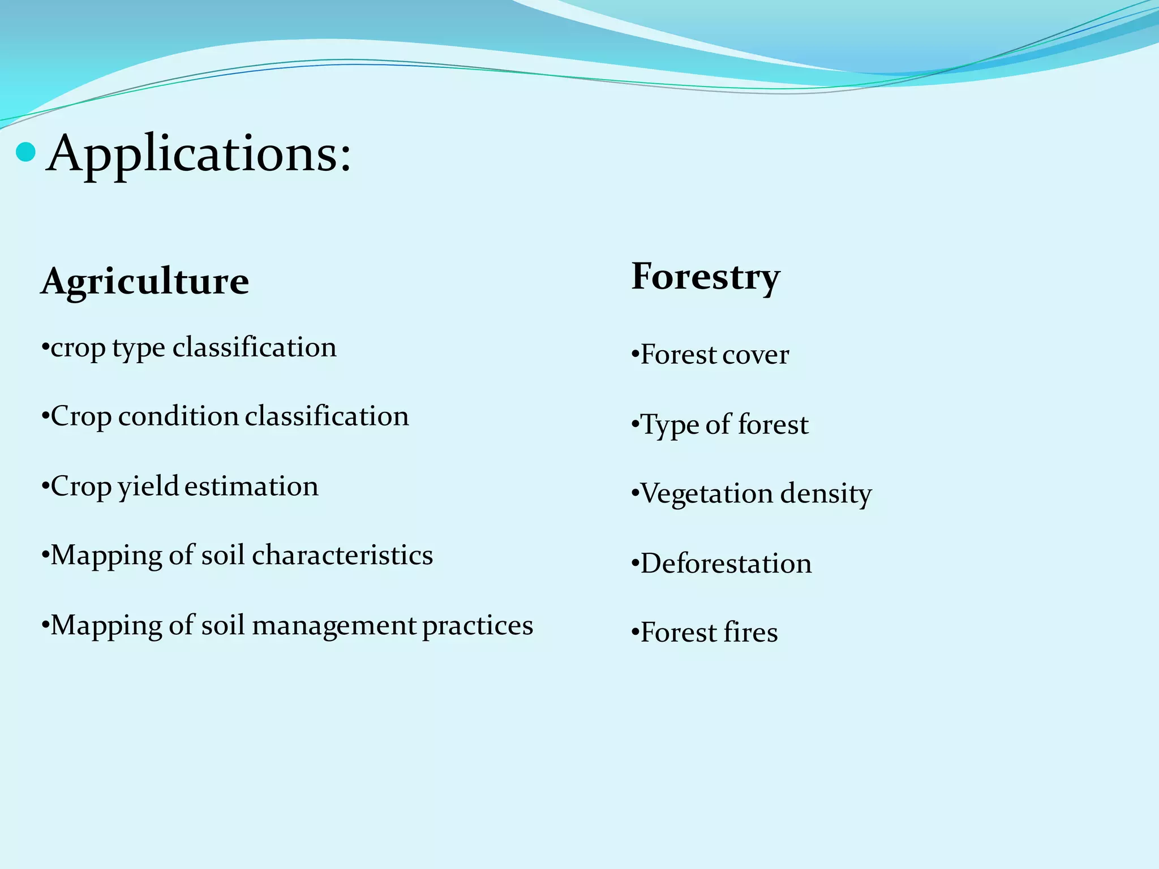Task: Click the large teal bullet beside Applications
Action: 26,152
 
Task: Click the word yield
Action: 148,487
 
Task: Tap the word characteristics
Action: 342,556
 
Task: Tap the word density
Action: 826,495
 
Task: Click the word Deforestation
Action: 726,564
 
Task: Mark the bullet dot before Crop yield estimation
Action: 45,488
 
